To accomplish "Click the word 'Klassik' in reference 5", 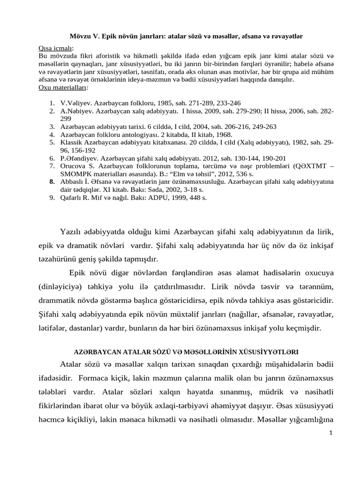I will pyautogui.click(x=71, y=142).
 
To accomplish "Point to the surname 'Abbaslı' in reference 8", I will pyautogui.click(x=73, y=182).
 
